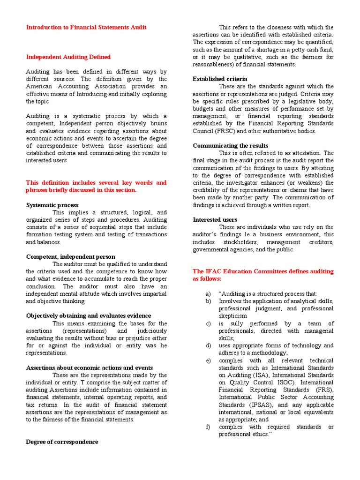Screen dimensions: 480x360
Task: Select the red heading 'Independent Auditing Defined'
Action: pyautogui.click(x=68, y=57)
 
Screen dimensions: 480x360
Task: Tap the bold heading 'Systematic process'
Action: pyautogui.click(x=52, y=205)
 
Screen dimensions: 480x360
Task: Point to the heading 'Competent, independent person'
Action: pyautogui.click(x=70, y=256)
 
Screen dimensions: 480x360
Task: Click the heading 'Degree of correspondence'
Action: pyautogui.click(x=62, y=442)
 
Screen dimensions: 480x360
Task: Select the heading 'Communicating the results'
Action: pyautogui.click(x=230, y=145)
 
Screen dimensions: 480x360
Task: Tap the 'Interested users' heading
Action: pyautogui.click(x=215, y=219)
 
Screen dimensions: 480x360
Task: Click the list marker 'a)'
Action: pyautogui.click(x=208, y=293)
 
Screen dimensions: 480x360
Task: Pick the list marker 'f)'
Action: pyautogui.click(x=208, y=427)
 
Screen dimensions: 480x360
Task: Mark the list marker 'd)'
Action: pyautogui.click(x=208, y=345)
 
